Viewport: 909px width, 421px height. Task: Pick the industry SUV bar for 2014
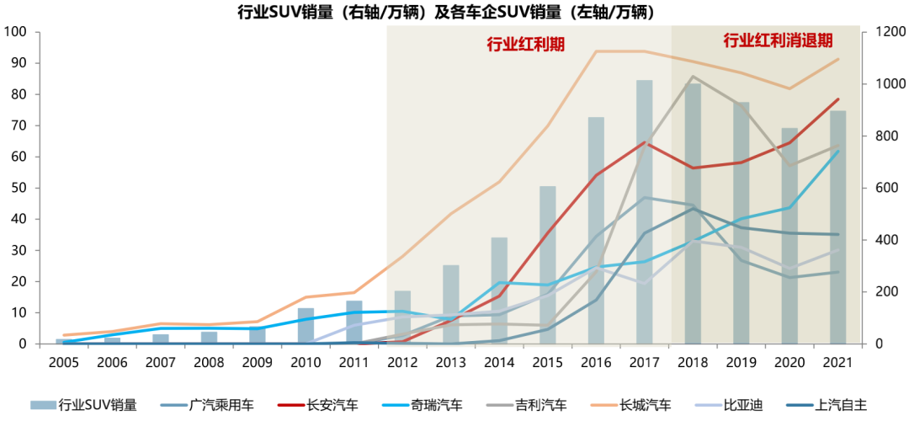click(x=499, y=290)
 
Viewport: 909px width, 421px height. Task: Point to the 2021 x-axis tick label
click(x=837, y=362)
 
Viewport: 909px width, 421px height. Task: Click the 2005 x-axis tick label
click(x=63, y=362)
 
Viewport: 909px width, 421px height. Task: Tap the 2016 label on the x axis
click(x=596, y=362)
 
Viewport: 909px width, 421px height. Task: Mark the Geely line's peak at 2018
click(x=693, y=77)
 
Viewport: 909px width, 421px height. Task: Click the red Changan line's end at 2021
click(x=838, y=99)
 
